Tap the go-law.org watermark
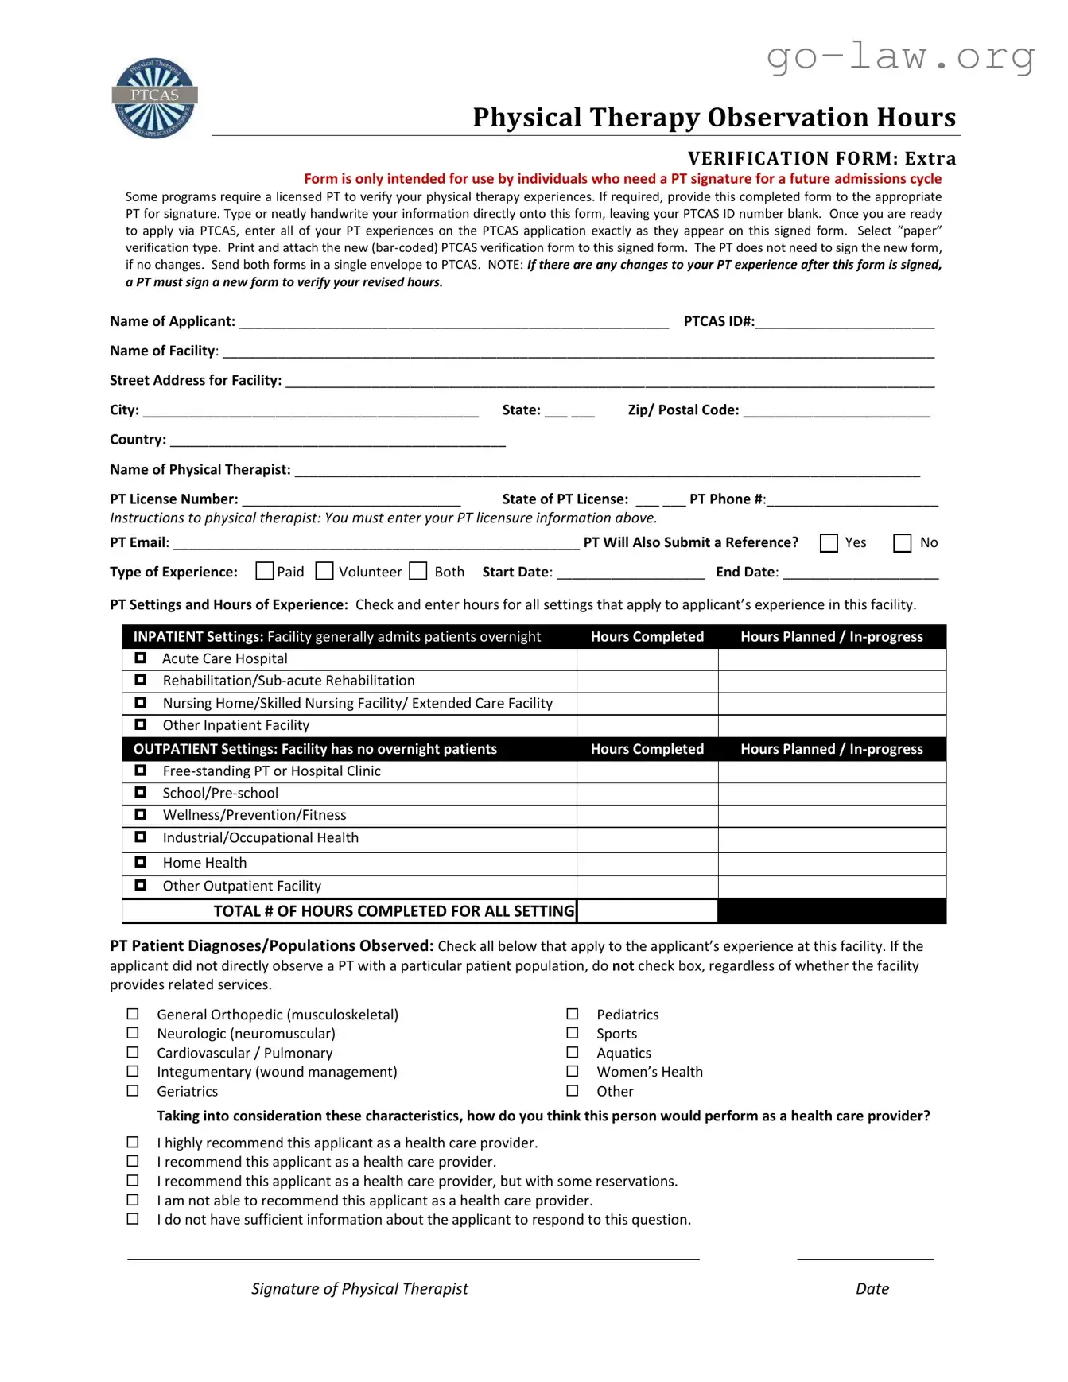[900, 57]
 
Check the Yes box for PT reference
[829, 543]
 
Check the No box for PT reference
[902, 543]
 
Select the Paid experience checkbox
[265, 571]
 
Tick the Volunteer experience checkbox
[324, 571]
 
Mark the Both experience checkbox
[418, 571]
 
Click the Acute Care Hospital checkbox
[141, 658]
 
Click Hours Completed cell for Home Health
[647, 864]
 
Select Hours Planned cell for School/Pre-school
[832, 794]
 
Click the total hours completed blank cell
[647, 911]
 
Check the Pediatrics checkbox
[573, 1015]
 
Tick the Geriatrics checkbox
[133, 1091]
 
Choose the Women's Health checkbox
[573, 1072]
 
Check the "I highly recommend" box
[133, 1143]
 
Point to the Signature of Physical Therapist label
[359, 1288]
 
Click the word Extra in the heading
[930, 158]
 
